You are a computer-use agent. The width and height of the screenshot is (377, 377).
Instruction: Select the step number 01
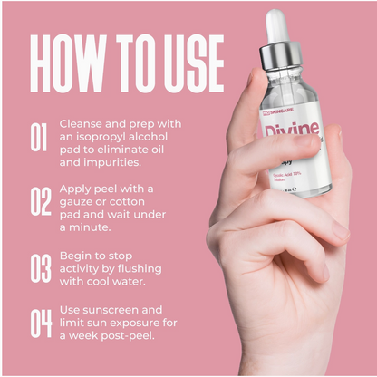pos(39,137)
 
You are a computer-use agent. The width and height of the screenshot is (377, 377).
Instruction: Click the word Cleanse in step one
pos(82,123)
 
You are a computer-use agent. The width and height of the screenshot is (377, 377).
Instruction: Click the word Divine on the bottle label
pos(289,132)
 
